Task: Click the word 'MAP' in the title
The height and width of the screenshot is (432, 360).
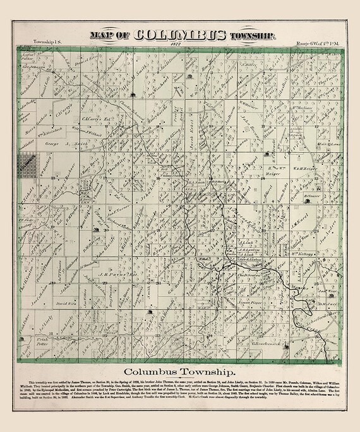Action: [104, 35]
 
